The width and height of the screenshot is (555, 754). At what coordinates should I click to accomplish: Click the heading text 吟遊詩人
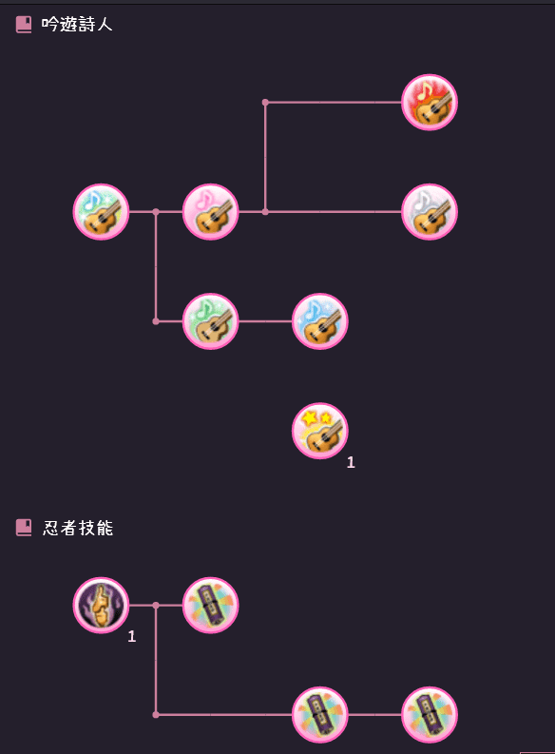[x=77, y=24]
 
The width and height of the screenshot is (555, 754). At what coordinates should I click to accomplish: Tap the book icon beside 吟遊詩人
[x=24, y=24]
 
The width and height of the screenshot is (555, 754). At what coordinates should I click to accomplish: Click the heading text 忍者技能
[x=77, y=528]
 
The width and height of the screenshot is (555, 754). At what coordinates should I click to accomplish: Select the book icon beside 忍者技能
[x=24, y=528]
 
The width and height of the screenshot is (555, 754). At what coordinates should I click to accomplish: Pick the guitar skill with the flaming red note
[x=430, y=103]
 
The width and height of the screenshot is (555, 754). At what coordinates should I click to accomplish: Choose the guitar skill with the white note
[x=430, y=212]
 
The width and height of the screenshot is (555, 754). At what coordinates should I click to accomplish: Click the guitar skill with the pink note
[x=210, y=212]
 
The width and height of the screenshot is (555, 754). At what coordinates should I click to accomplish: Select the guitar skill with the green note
[x=210, y=321]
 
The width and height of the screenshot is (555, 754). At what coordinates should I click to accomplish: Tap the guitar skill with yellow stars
[x=320, y=431]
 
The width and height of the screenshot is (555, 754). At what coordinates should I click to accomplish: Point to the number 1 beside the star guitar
[x=351, y=462]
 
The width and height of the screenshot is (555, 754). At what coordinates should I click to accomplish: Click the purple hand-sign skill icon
[x=101, y=605]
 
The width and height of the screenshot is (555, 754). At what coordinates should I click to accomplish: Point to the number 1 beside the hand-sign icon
[x=132, y=636]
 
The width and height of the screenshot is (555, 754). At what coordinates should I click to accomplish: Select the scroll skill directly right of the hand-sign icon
[x=210, y=605]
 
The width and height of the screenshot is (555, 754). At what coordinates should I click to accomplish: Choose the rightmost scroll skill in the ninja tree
[x=430, y=715]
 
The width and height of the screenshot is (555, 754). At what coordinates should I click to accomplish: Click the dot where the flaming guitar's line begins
[x=265, y=103]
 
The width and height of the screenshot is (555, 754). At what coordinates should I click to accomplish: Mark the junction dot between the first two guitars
[x=156, y=212]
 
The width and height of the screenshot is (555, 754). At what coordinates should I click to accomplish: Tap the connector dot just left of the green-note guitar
[x=156, y=321]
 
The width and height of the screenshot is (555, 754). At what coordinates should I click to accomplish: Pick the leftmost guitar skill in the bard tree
[x=101, y=212]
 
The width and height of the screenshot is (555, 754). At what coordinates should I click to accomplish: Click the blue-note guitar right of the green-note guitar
[x=320, y=321]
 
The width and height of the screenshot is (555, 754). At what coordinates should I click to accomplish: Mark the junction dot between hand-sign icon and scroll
[x=156, y=605]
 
